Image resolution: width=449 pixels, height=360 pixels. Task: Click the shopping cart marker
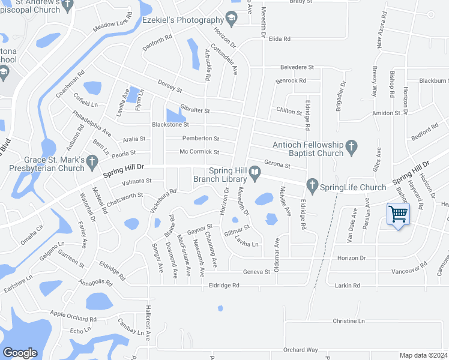(399, 214)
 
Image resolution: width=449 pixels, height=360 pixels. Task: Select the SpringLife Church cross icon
(311, 184)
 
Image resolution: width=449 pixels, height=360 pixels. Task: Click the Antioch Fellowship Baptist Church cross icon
(351, 146)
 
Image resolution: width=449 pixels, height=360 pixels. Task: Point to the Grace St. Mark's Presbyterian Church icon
(92, 160)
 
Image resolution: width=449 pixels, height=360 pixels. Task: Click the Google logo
(20, 352)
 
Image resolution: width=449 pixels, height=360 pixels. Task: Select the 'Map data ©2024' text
(423, 355)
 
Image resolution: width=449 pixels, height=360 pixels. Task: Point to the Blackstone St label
(170, 125)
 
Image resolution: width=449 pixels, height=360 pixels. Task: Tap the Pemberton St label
(200, 139)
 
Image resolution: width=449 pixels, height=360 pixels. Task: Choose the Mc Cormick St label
(199, 152)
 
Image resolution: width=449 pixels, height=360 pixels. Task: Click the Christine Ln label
(348, 322)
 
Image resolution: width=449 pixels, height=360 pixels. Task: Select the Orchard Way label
(300, 350)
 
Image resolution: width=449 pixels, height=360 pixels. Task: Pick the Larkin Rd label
(348, 286)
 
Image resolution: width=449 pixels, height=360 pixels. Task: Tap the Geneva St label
(256, 272)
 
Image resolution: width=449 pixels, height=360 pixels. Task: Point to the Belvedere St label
(297, 68)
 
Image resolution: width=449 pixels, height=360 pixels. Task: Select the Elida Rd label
(280, 39)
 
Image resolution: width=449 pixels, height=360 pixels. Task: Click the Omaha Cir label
(32, 230)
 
